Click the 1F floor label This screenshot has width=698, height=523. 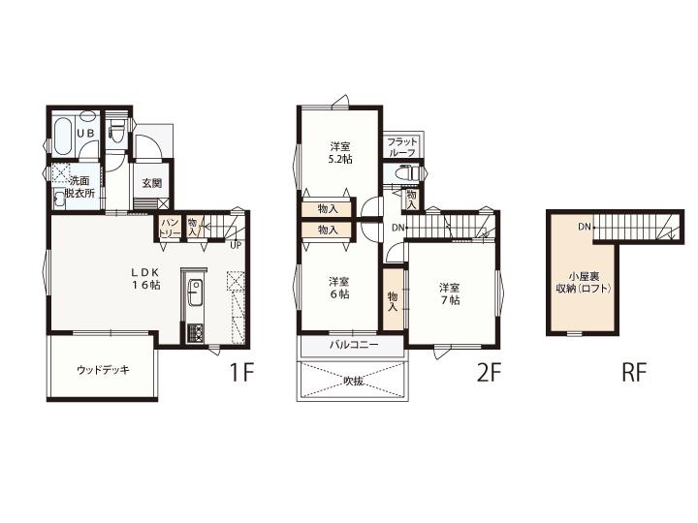point(241,373)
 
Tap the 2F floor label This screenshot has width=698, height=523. point(489,373)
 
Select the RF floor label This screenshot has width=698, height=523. point(633,373)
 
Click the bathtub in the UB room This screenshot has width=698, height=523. point(63,135)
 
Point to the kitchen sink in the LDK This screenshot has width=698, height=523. point(195,292)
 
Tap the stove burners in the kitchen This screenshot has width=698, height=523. point(195,333)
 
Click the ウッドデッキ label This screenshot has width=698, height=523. point(103,370)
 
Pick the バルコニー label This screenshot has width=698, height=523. point(354,345)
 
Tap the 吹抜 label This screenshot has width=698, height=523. point(354,382)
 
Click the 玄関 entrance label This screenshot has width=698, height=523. point(152,183)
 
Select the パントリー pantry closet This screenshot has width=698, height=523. point(170,228)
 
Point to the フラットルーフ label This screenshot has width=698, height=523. point(402,147)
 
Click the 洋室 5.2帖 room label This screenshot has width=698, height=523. point(340,153)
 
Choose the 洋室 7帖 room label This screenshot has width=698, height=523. point(450,293)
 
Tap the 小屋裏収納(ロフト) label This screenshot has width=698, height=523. point(584,283)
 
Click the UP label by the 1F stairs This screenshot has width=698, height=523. point(236,245)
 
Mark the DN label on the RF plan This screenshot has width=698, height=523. point(585,227)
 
